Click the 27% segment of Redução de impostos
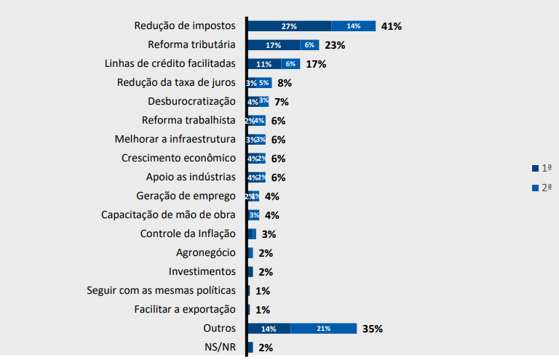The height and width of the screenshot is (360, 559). (x=289, y=26)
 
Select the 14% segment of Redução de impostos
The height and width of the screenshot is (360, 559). (x=353, y=26)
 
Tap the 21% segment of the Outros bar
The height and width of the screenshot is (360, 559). (x=323, y=329)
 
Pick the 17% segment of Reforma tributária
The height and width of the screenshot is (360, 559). (x=274, y=45)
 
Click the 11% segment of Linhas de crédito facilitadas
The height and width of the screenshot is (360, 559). (x=264, y=64)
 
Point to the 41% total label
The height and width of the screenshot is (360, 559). (x=391, y=26)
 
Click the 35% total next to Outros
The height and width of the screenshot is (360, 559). (x=372, y=329)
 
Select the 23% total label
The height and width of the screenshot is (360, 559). (x=335, y=45)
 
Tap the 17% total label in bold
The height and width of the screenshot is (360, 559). (x=316, y=64)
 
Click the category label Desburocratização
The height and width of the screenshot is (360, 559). (x=191, y=101)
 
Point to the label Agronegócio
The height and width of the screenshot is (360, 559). (x=206, y=252)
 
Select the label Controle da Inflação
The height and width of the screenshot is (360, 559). (x=188, y=233)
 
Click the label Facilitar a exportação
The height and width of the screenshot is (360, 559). (x=185, y=309)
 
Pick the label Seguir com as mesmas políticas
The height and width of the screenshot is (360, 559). (x=161, y=290)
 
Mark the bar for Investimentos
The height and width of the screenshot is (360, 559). (x=250, y=272)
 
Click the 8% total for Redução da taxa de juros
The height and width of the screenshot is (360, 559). (x=285, y=83)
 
